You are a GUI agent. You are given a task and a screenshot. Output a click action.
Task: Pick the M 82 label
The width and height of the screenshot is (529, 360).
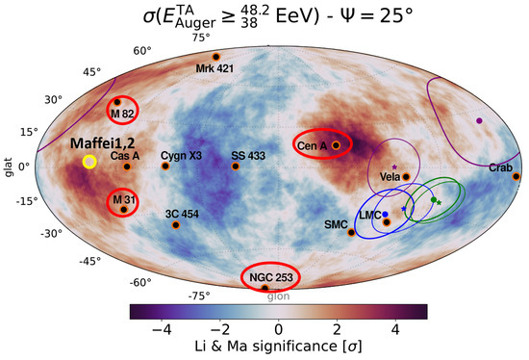(x=121, y=114)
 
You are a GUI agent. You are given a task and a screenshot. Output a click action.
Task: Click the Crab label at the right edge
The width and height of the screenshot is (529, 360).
(x=500, y=167)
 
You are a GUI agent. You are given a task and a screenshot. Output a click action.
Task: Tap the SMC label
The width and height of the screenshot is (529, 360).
(x=336, y=224)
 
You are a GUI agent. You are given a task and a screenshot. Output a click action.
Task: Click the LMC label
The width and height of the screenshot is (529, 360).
(x=370, y=214)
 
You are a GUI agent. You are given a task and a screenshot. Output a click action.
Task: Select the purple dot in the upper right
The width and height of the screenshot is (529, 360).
(x=479, y=120)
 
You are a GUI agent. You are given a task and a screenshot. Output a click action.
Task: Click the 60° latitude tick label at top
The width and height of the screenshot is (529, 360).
(x=142, y=50)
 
